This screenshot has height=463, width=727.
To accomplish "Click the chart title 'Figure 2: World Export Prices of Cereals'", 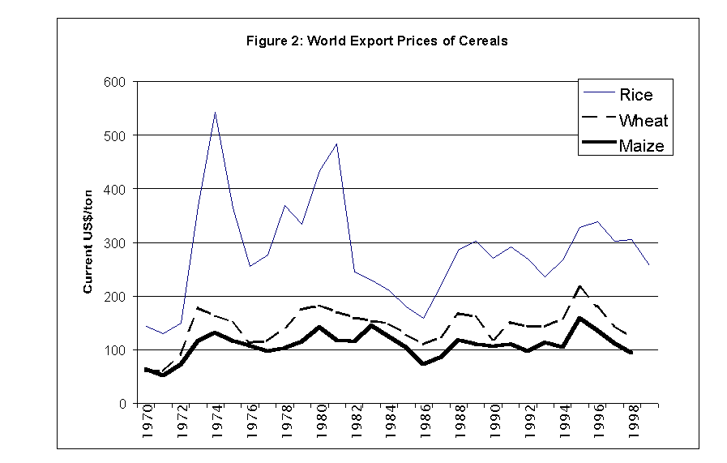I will pyautogui.click(x=377, y=41).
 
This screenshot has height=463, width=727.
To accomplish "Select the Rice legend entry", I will pyautogui.click(x=635, y=95).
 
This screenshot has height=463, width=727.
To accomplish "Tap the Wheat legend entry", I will pyautogui.click(x=643, y=121).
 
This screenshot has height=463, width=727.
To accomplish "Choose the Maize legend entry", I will pyautogui.click(x=641, y=146).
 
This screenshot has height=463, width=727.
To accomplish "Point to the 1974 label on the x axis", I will pyautogui.click(x=215, y=422).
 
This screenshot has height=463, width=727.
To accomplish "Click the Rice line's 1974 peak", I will pyautogui.click(x=215, y=113).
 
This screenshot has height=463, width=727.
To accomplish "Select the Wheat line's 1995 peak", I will pyautogui.click(x=579, y=286).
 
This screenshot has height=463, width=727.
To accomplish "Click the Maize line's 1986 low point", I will pyautogui.click(x=423, y=364).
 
